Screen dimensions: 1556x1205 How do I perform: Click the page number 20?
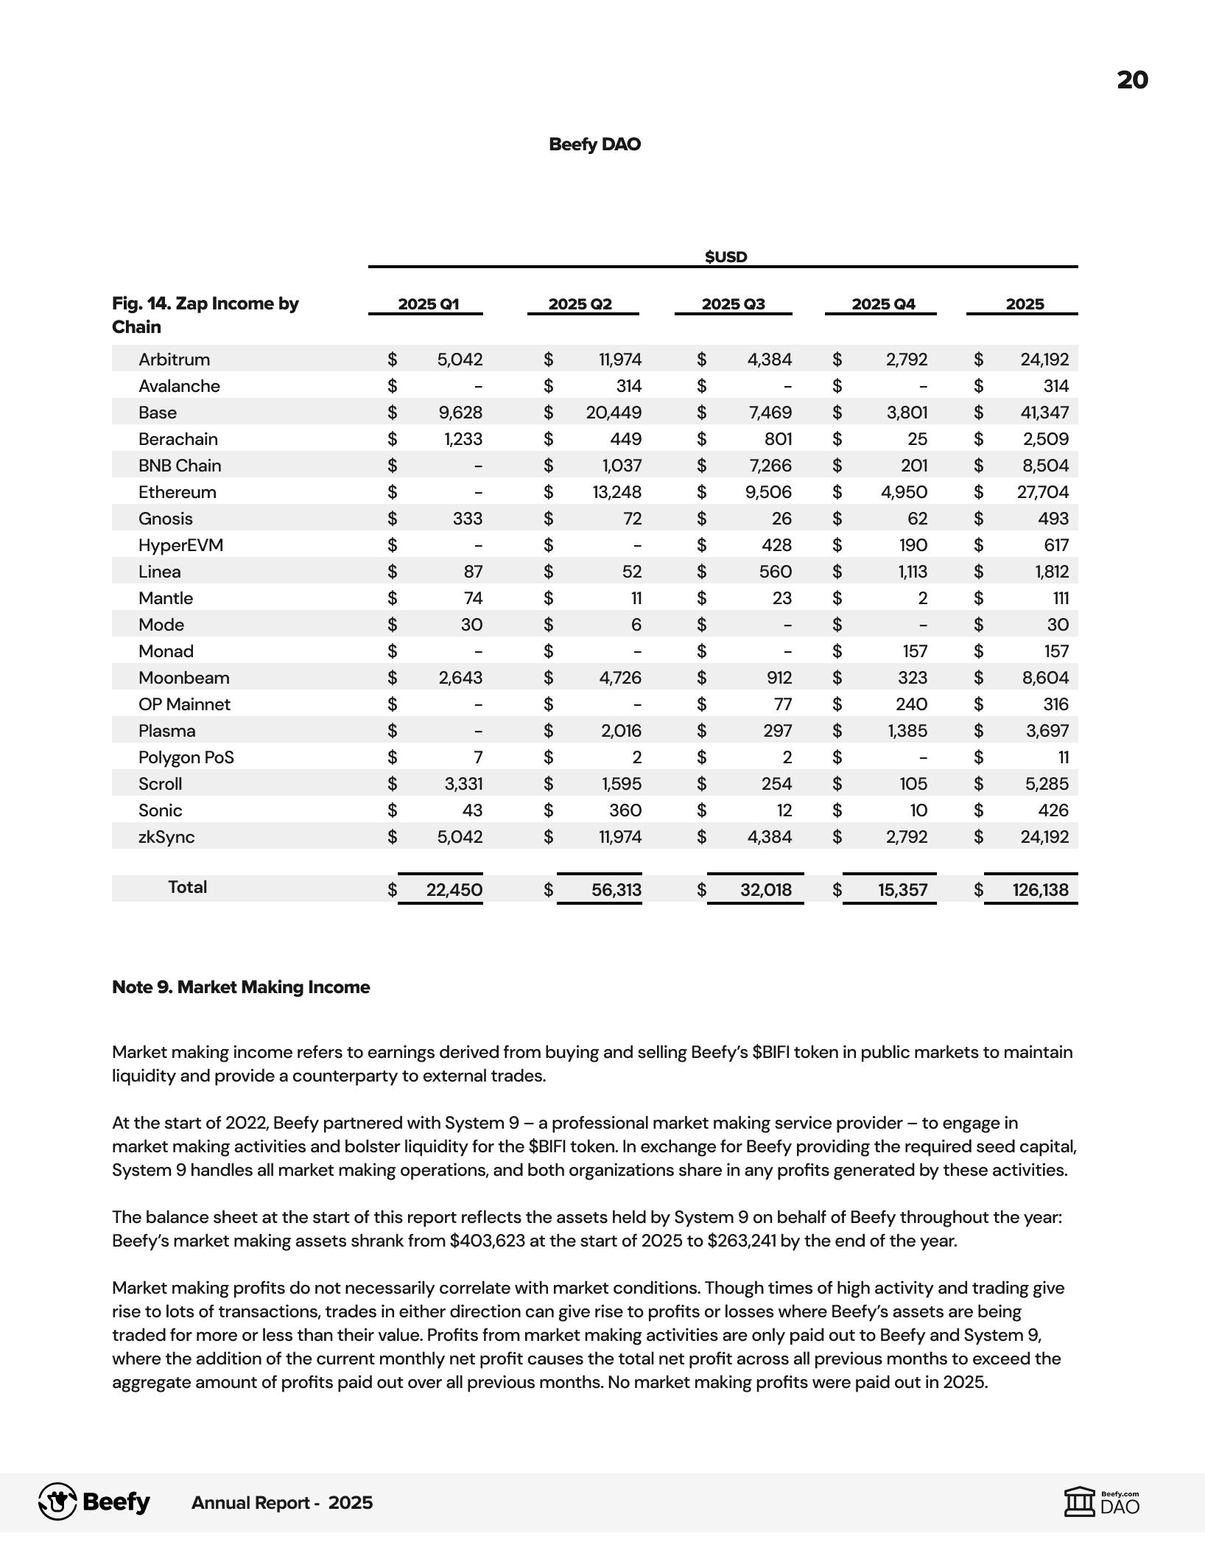[x=1132, y=80]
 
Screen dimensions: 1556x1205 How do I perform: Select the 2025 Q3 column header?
[x=733, y=304]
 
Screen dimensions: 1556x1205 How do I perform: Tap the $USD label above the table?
[x=726, y=256]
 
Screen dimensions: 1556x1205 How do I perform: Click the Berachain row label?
[x=178, y=439]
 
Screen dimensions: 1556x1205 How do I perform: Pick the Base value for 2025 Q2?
[x=614, y=413]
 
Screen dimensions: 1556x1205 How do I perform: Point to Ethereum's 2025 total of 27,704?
[x=1042, y=492]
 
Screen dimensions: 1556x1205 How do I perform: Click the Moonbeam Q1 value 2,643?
[x=460, y=678]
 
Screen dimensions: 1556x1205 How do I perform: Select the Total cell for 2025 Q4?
[x=902, y=890]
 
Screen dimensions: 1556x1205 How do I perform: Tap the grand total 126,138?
[x=1040, y=890]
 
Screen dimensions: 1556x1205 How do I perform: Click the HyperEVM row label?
[x=180, y=545]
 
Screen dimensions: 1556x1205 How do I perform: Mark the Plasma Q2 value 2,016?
[x=621, y=731]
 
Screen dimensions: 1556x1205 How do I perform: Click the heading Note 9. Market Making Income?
[x=241, y=987]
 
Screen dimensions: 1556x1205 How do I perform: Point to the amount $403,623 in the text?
[x=488, y=1241]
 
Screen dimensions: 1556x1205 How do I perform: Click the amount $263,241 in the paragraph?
[x=742, y=1241]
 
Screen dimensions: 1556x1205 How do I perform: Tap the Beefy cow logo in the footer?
[x=57, y=1502]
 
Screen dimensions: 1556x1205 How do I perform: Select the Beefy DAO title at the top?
[x=594, y=144]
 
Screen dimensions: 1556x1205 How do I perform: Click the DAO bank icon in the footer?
[x=1080, y=1501]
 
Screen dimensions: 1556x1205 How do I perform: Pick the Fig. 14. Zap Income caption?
[x=205, y=315]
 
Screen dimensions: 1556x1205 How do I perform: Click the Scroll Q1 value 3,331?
[x=463, y=784]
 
